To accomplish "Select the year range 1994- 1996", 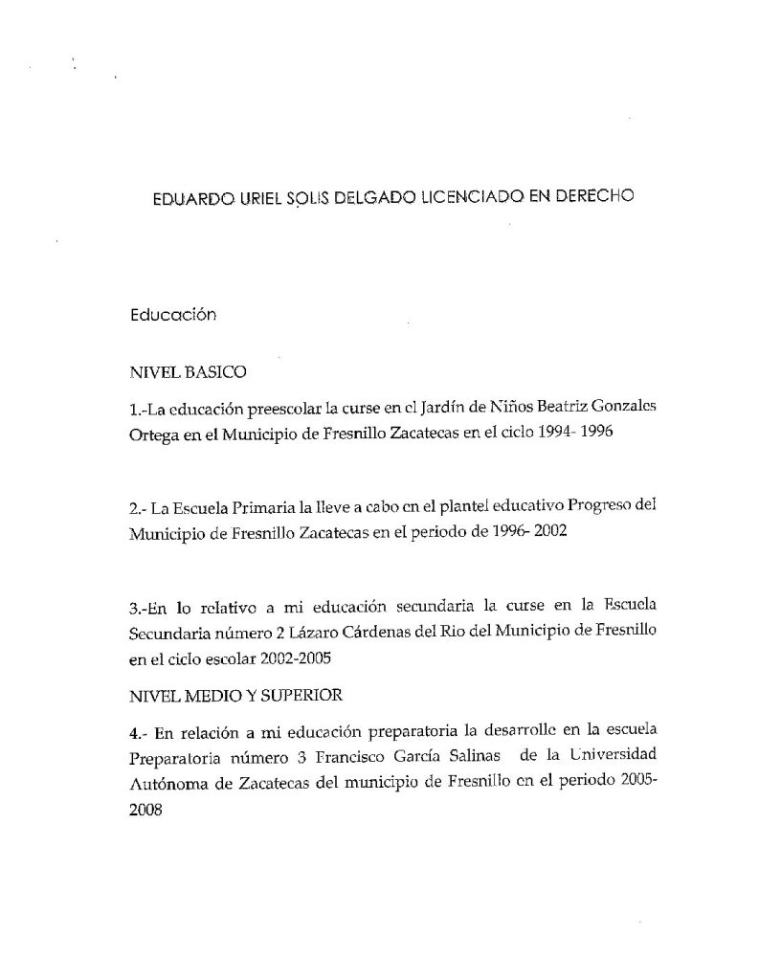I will (572, 432).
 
